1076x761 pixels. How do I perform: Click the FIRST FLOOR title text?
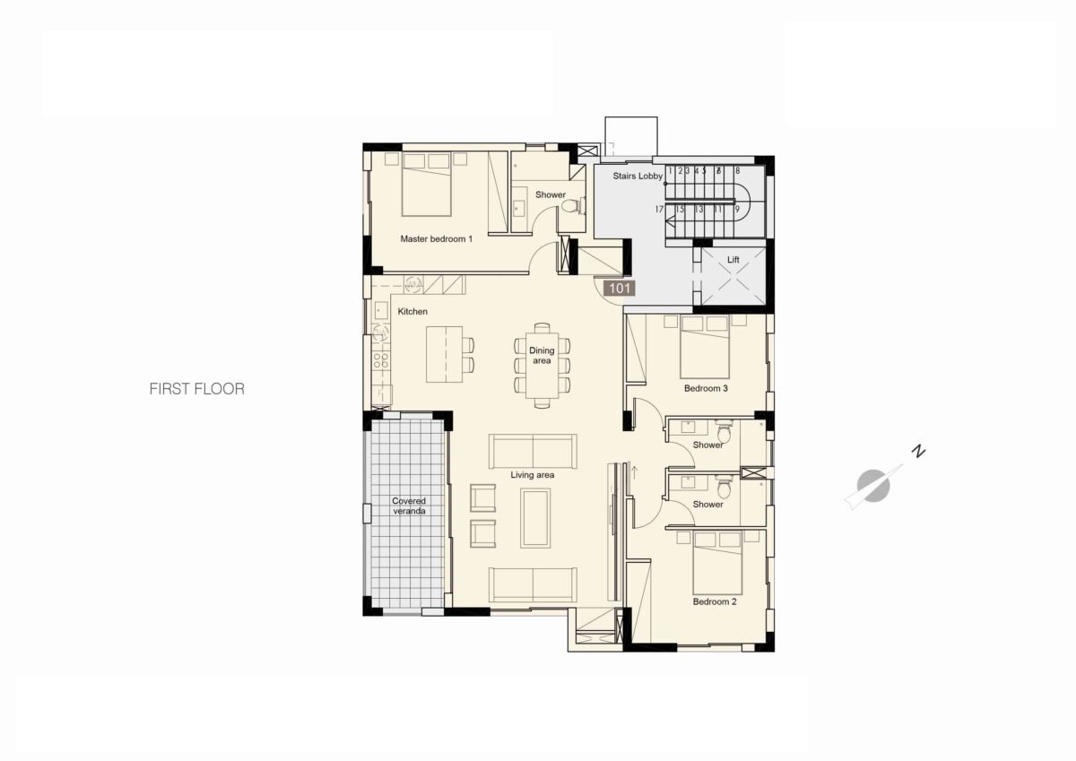pyautogui.click(x=197, y=389)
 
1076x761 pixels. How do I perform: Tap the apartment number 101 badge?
pyautogui.click(x=620, y=289)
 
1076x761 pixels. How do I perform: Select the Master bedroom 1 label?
pyautogui.click(x=436, y=238)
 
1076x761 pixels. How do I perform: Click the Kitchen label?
pyautogui.click(x=412, y=312)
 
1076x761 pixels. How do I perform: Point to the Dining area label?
pyautogui.click(x=542, y=356)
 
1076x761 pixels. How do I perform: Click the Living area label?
pyautogui.click(x=533, y=475)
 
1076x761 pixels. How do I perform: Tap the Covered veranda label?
pyautogui.click(x=409, y=506)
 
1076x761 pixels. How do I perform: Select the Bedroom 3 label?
pyautogui.click(x=706, y=388)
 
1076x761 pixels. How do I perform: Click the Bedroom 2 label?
pyautogui.click(x=715, y=601)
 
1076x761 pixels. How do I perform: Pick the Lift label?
pyautogui.click(x=733, y=260)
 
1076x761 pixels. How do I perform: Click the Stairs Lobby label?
pyautogui.click(x=638, y=177)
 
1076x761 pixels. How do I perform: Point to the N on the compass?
pyautogui.click(x=918, y=452)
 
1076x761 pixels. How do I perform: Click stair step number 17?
pyautogui.click(x=659, y=210)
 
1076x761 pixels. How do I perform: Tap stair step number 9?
pyautogui.click(x=737, y=210)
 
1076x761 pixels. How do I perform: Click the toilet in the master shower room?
pyautogui.click(x=573, y=206)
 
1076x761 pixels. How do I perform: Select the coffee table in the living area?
pyautogui.click(x=535, y=518)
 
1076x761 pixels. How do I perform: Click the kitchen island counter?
pyautogui.click(x=445, y=354)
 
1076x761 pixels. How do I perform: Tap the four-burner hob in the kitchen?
pyautogui.click(x=381, y=360)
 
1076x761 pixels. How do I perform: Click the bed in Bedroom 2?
pyautogui.click(x=717, y=563)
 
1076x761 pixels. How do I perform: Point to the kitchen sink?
pyautogui.click(x=381, y=311)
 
